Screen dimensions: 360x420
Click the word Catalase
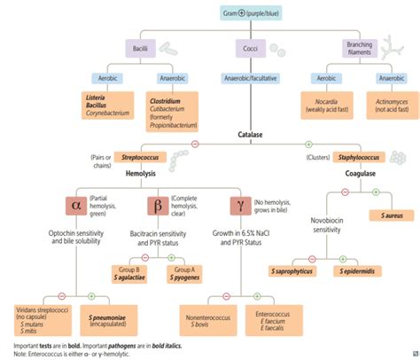(250, 136)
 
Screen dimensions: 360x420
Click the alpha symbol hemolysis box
(75, 207)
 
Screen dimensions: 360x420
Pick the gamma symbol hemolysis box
(241, 207)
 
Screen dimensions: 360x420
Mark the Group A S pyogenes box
(183, 273)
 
